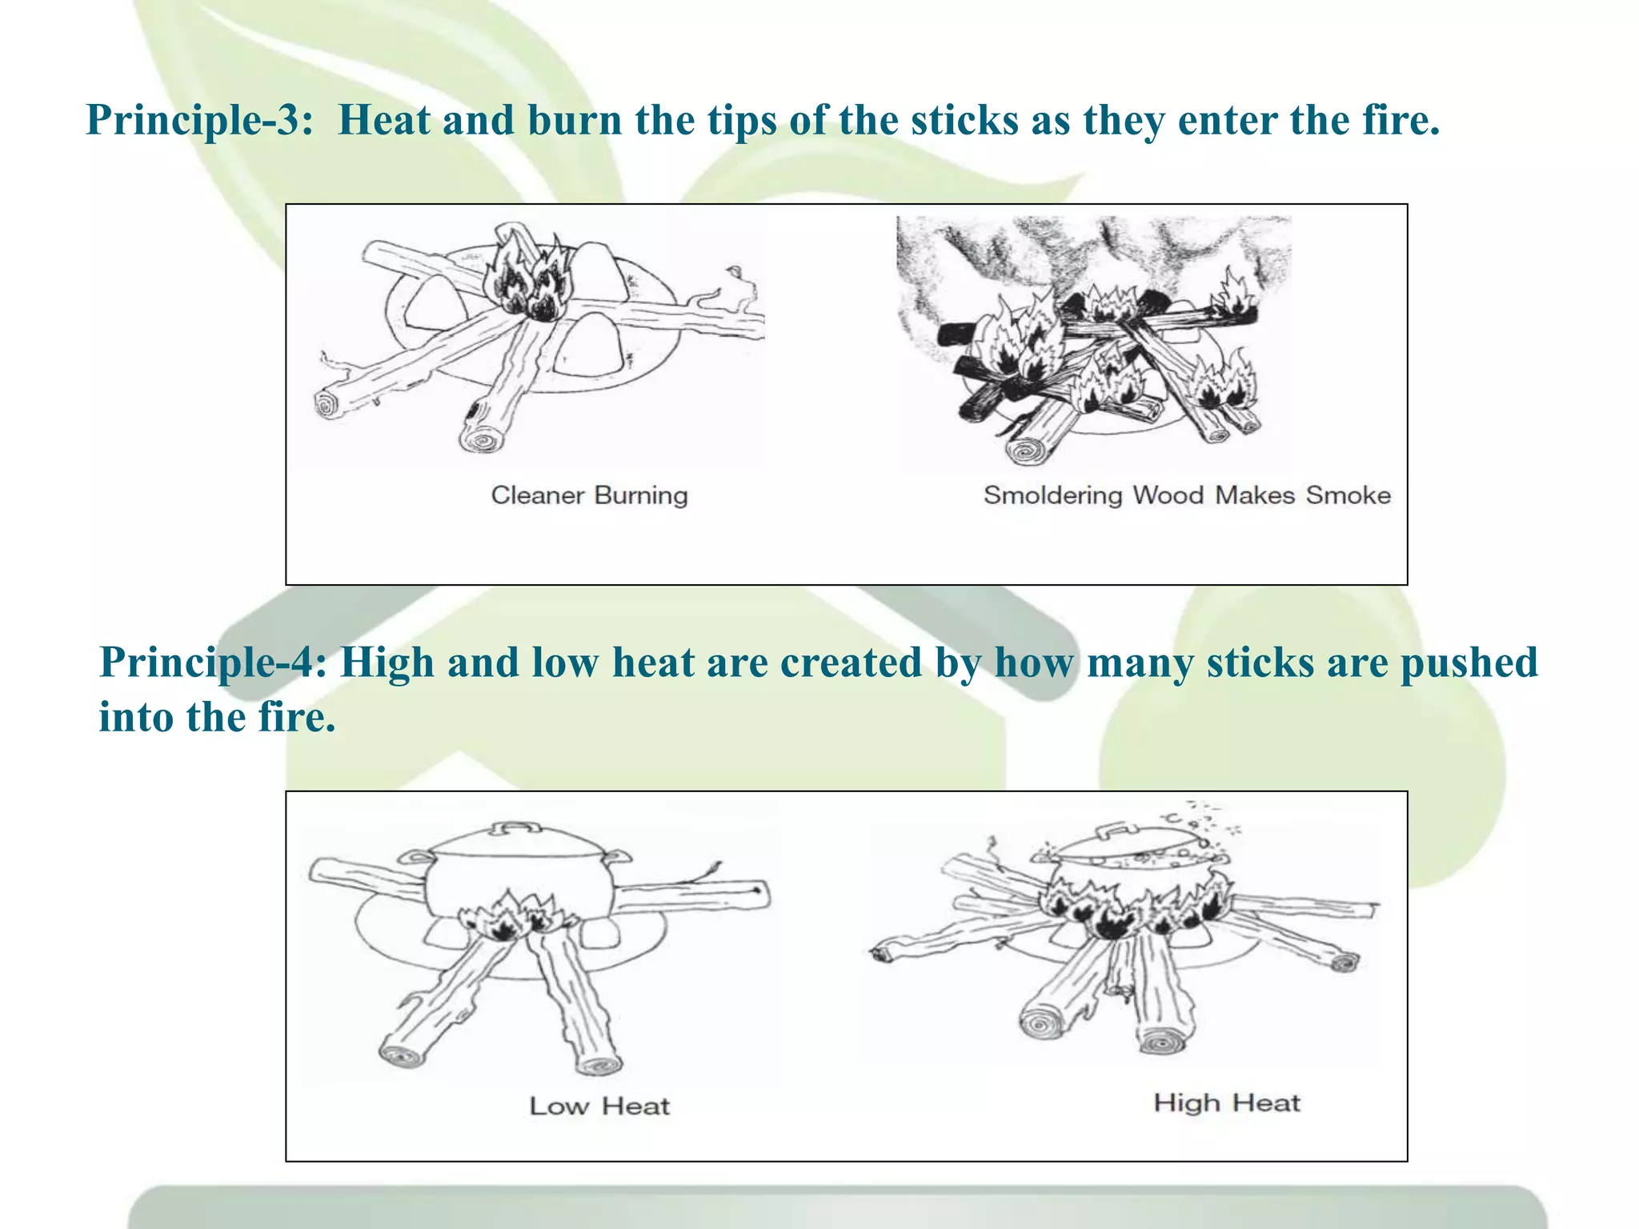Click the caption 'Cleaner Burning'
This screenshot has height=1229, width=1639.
point(589,495)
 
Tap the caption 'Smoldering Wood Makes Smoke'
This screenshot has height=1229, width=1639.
point(1187,495)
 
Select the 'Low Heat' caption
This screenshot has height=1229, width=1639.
point(599,1106)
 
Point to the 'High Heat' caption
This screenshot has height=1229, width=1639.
point(1227,1103)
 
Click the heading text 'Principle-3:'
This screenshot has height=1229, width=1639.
point(199,120)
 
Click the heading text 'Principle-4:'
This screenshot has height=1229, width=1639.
point(213,663)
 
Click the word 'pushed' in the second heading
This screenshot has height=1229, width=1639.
point(1469,664)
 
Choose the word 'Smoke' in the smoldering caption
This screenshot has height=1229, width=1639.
point(1348,495)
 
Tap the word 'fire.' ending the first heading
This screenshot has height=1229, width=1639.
point(1401,120)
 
